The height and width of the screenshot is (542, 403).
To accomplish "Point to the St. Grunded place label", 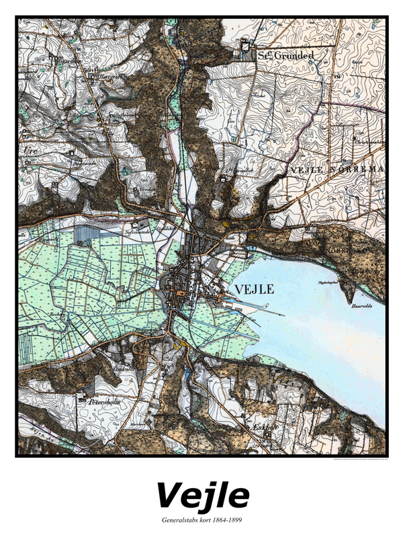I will pyautogui.click(x=285, y=56).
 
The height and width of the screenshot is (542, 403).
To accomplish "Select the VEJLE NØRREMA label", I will pyautogui.click(x=336, y=170).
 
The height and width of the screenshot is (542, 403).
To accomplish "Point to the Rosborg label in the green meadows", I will pyautogui.click(x=56, y=314).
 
